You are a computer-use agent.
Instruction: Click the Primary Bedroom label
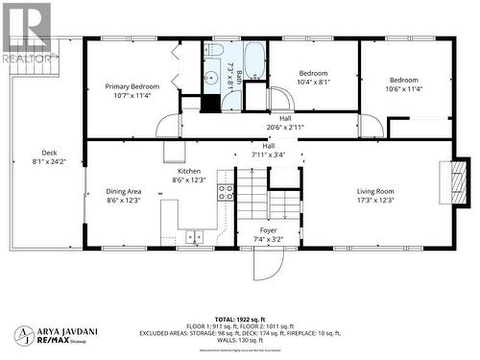[132, 86]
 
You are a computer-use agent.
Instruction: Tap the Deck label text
[49, 153]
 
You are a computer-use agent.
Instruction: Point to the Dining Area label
[124, 191]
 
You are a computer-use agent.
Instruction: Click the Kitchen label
[188, 170]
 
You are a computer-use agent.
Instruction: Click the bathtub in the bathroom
[254, 61]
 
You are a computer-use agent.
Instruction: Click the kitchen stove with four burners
[227, 191]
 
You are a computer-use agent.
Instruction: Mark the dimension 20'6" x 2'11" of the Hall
[285, 126]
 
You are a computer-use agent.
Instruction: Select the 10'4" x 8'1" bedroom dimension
[313, 82]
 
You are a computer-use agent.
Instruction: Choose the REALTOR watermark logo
[28, 33]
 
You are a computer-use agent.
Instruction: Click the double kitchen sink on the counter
[197, 234]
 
